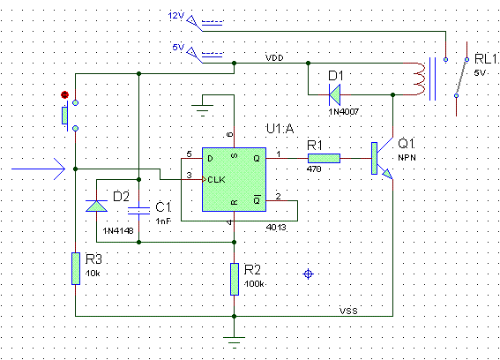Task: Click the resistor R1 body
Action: tap(324, 158)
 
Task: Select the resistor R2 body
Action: tap(235, 279)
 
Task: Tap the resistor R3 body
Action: tap(76, 268)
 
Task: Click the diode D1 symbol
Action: tap(334, 94)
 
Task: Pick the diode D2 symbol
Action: tap(97, 206)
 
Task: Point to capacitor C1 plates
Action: tap(138, 211)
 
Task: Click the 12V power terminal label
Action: tap(176, 15)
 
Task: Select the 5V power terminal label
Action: tap(178, 48)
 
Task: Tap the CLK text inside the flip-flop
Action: tap(216, 180)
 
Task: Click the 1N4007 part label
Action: tap(344, 112)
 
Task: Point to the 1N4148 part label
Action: tap(118, 230)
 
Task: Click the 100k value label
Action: tap(254, 284)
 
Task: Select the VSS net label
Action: tap(348, 311)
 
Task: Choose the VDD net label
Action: tap(274, 57)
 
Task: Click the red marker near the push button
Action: tap(64, 94)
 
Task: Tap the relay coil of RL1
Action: tap(419, 79)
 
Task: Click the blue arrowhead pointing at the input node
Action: tap(59, 169)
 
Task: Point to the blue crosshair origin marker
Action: tap(308, 274)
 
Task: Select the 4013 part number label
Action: tap(276, 228)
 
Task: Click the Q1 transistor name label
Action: tap(406, 144)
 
